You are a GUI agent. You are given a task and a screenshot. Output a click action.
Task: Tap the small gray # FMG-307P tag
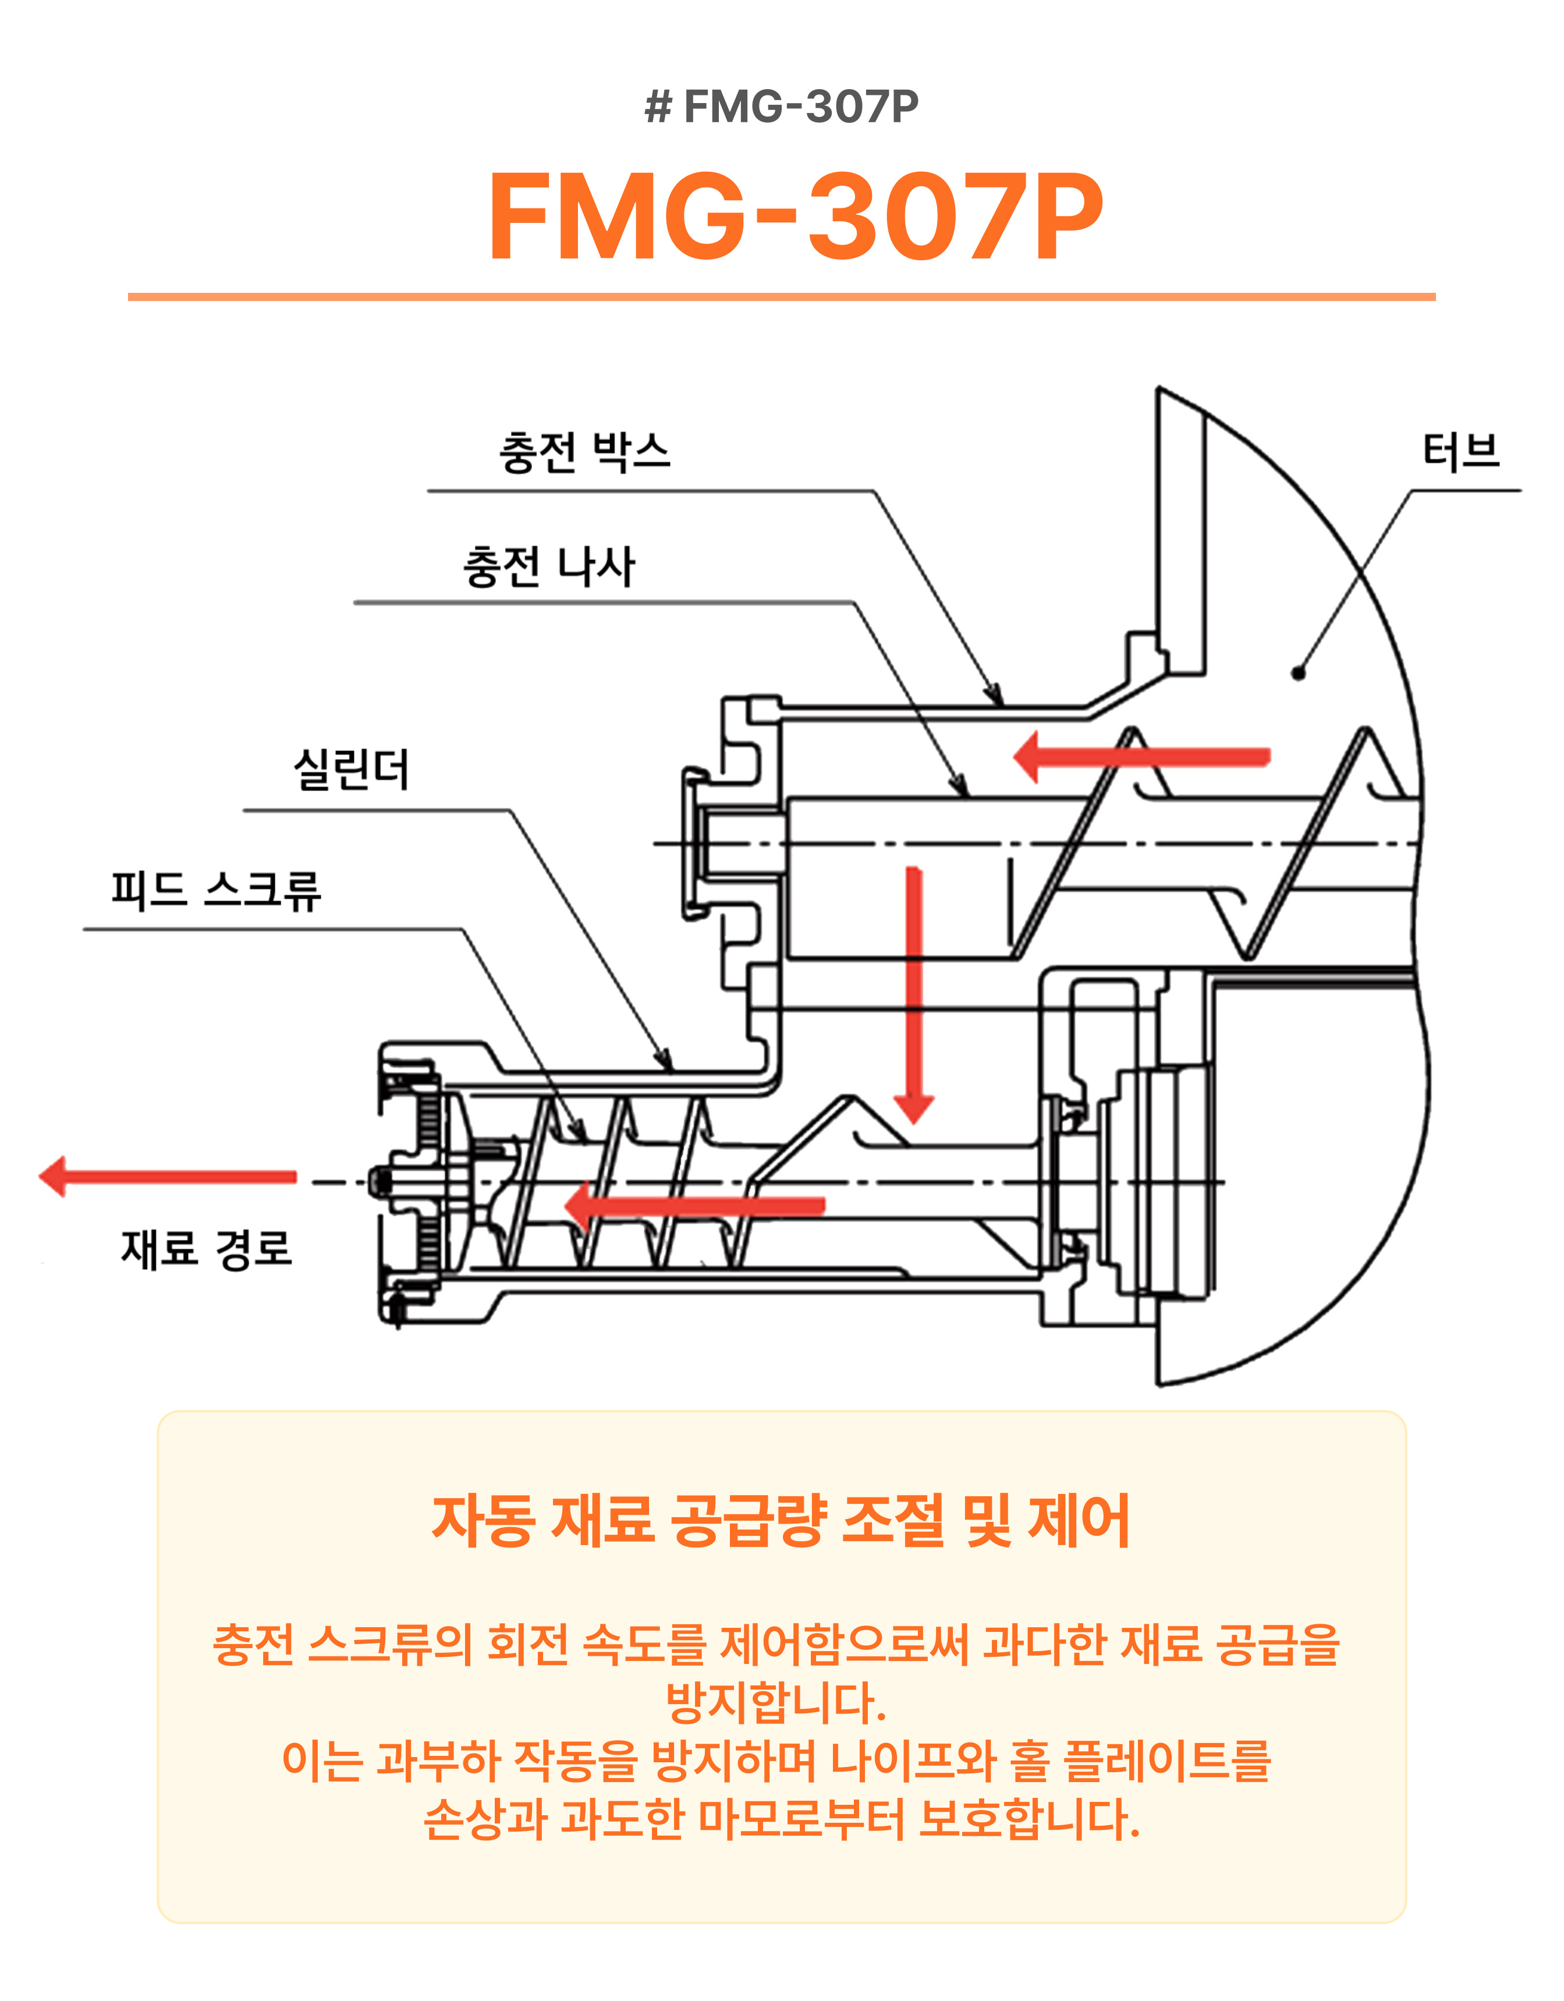point(782,107)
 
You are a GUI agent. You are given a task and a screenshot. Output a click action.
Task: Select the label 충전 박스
point(584,452)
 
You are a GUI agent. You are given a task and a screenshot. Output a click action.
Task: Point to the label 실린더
point(351,768)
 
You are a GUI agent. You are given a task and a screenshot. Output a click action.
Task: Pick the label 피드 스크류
point(216,890)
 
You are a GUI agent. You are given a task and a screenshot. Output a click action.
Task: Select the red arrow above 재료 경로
point(168,1177)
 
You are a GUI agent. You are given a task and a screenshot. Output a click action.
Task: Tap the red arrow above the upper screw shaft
point(1141,757)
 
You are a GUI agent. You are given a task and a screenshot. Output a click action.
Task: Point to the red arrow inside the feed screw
point(694,1206)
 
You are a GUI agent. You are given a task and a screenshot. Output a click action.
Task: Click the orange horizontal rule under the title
point(782,297)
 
